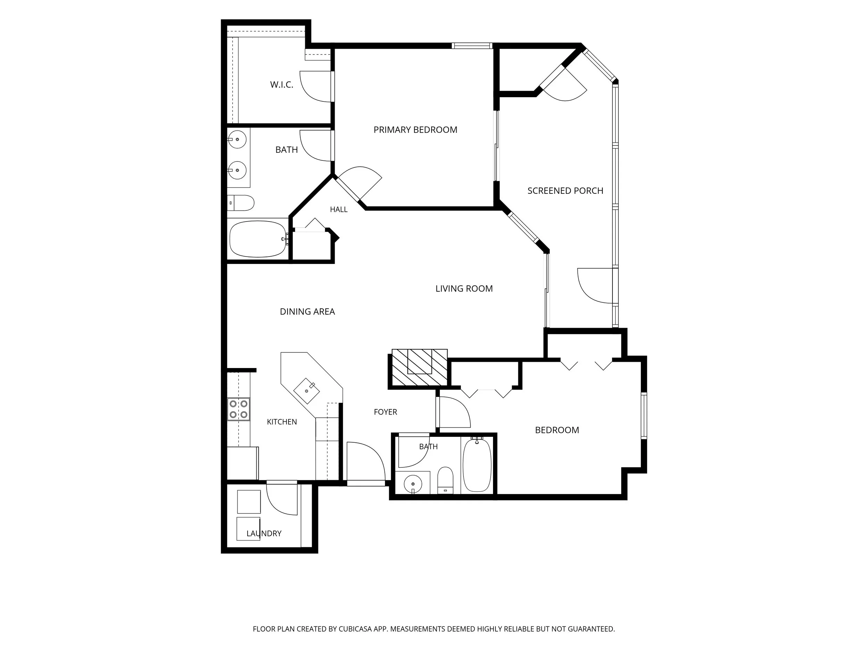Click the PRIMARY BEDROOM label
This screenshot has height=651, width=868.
coord(415,130)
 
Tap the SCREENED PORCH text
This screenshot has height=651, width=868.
coord(565,191)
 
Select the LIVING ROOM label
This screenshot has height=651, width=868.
coord(464,289)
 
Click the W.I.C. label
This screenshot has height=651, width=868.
coord(281,85)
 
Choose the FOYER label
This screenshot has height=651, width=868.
coord(385,412)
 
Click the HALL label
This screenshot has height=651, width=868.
coord(339,210)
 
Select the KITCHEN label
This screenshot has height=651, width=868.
coord(282,422)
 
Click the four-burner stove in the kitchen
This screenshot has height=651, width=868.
coord(239,409)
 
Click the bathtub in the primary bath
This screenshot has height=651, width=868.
coord(258,239)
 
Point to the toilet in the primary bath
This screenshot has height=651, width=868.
coord(241,203)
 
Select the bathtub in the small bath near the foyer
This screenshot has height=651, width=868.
coord(477,465)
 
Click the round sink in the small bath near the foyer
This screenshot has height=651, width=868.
coord(412,484)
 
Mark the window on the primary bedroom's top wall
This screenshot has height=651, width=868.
coord(471,46)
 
